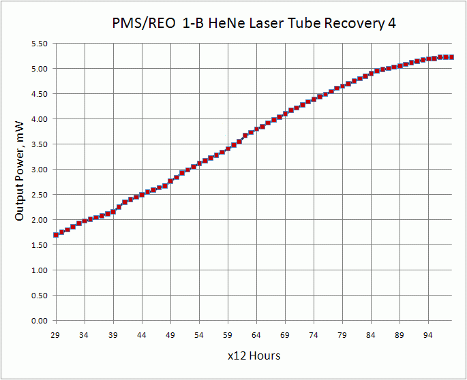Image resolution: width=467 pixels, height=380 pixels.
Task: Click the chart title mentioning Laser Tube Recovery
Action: [x=254, y=24]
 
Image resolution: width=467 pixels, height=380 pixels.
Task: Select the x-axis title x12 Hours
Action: [x=254, y=355]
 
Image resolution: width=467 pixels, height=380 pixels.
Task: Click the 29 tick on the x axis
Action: [x=56, y=335]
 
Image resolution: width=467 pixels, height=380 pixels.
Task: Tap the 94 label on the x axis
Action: [x=428, y=335]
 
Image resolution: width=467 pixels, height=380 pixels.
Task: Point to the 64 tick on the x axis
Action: [x=256, y=335]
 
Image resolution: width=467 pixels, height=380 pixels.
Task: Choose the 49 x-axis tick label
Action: [x=170, y=335]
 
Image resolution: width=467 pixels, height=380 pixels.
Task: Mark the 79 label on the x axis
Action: [x=342, y=335]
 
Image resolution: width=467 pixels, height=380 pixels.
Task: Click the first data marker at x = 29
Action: [x=56, y=235]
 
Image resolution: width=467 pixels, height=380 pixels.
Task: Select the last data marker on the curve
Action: [x=451, y=57]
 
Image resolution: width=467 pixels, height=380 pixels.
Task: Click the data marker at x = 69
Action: [x=285, y=114]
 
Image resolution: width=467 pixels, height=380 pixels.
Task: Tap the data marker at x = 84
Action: [x=371, y=74]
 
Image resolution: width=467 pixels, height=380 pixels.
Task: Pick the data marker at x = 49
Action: [x=170, y=181]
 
